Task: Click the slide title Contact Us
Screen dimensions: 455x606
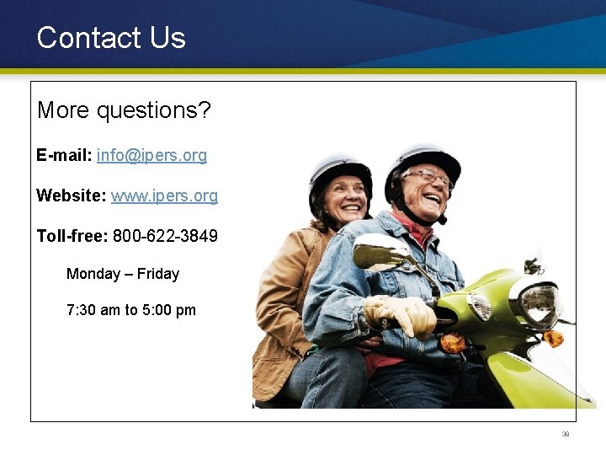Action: point(111,38)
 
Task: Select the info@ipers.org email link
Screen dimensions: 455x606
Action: point(151,156)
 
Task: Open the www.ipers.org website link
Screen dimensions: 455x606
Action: point(164,196)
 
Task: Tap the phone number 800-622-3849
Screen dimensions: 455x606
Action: point(165,237)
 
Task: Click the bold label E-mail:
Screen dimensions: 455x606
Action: point(64,156)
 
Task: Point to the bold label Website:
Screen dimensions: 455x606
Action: point(71,196)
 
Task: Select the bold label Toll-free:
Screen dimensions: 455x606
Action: point(72,237)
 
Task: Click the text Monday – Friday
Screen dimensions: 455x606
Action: point(123,274)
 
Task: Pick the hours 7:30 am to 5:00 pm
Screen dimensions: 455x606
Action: point(131,310)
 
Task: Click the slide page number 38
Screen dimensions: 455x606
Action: point(566,435)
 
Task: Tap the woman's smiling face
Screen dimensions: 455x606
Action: point(345,199)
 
